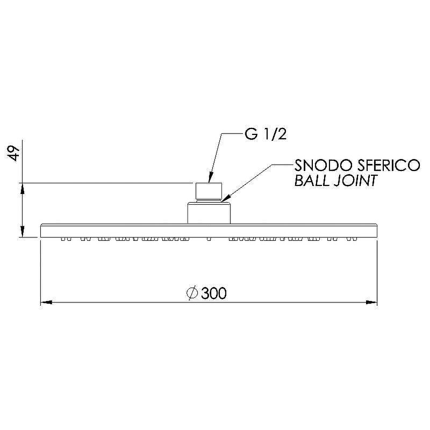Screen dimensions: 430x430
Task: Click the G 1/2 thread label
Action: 266,135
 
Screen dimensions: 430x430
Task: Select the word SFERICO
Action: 382,165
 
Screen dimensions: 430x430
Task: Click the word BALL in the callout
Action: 311,181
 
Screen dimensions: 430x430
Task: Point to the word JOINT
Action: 355,181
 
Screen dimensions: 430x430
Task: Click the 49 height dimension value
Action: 13,153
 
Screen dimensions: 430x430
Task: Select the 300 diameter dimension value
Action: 214,293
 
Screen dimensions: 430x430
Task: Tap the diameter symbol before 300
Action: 192,292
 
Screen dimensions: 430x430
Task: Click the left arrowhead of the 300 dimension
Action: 46,303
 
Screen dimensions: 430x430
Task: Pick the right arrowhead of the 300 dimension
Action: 371,303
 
